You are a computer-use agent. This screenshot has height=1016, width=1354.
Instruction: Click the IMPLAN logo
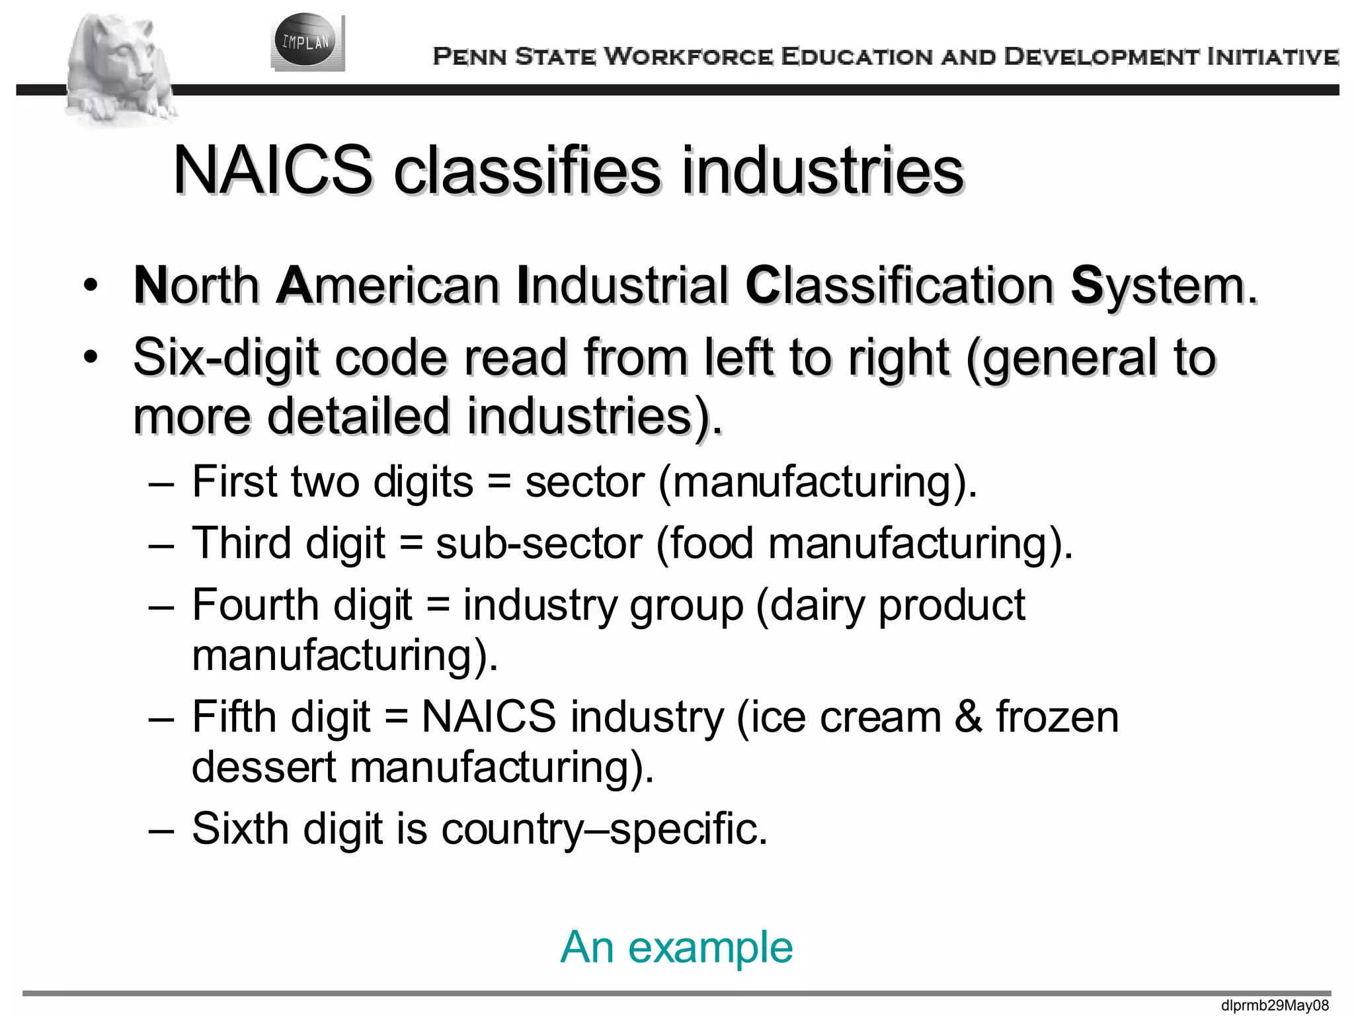pyautogui.click(x=307, y=42)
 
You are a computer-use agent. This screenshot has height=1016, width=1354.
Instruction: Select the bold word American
pyautogui.click(x=388, y=286)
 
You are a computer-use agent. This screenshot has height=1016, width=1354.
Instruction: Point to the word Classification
pyautogui.click(x=900, y=286)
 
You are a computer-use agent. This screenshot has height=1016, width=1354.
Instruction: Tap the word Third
pyautogui.click(x=241, y=543)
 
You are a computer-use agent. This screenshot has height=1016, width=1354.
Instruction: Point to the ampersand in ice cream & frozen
pyautogui.click(x=968, y=717)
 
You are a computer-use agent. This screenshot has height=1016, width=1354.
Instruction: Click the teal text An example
pyautogui.click(x=676, y=947)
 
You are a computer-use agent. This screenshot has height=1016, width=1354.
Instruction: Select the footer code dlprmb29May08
pyautogui.click(x=1275, y=1006)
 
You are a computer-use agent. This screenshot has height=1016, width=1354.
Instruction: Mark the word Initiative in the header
pyautogui.click(x=1273, y=57)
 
